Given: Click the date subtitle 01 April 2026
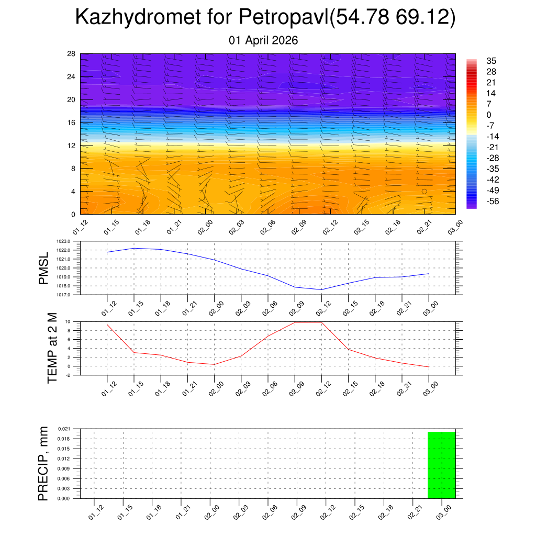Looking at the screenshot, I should click(x=263, y=40).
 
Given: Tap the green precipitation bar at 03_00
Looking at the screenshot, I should click(x=441, y=465).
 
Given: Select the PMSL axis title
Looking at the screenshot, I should click(x=44, y=268).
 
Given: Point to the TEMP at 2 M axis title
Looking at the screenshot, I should click(x=52, y=348).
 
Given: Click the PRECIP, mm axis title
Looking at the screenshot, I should click(x=43, y=463).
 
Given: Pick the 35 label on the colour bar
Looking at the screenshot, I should click(x=491, y=61).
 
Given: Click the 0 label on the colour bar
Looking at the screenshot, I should click(x=488, y=115).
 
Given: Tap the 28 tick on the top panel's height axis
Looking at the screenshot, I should click(x=71, y=54).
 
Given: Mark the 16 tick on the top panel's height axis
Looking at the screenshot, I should click(x=71, y=122).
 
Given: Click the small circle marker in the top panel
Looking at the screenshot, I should click(x=424, y=191).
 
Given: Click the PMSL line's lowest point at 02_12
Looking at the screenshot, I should click(x=321, y=289).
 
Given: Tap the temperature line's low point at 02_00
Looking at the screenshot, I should click(x=214, y=364).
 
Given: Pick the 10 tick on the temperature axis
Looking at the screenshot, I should click(x=68, y=321).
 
